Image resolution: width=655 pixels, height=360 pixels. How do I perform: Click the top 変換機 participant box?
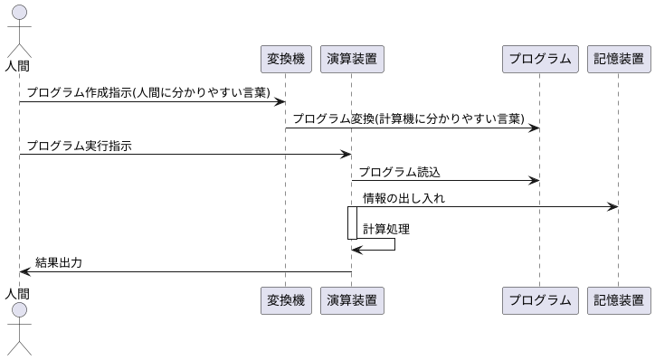click(x=285, y=59)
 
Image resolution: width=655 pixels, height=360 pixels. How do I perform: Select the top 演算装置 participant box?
click(x=352, y=59)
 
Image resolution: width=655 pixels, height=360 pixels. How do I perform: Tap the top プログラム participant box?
click(x=539, y=59)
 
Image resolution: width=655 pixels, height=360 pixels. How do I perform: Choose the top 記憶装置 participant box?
click(x=619, y=59)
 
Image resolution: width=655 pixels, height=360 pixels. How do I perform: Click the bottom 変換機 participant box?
click(x=285, y=300)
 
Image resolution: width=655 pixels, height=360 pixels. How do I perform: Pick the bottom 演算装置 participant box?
click(x=352, y=300)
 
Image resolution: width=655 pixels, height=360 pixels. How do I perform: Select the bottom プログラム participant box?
click(x=539, y=300)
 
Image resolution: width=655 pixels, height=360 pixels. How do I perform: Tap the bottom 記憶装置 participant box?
click(x=619, y=300)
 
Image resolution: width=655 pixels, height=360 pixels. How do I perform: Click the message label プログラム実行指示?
click(x=79, y=146)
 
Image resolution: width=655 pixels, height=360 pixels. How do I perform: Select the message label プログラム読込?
click(x=399, y=172)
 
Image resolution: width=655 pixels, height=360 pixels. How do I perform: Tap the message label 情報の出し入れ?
click(x=403, y=198)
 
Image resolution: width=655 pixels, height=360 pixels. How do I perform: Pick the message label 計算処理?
click(x=386, y=229)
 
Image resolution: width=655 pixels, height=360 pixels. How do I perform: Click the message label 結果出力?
click(x=59, y=263)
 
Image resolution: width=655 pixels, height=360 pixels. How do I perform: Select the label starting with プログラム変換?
click(x=408, y=119)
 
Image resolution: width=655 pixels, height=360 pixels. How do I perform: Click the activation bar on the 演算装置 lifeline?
click(x=352, y=223)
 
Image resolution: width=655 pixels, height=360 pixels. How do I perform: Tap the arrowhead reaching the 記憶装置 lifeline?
click(x=613, y=207)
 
